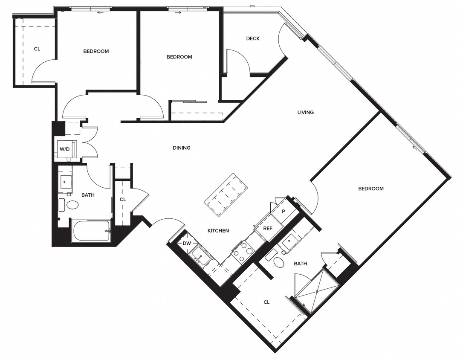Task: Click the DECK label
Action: click(x=253, y=38)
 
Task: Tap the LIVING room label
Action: click(x=305, y=113)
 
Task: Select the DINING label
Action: click(x=181, y=148)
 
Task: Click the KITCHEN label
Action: click(x=218, y=231)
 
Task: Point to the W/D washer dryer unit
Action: click(x=65, y=149)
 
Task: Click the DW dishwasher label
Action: click(x=187, y=244)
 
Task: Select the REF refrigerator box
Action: click(x=267, y=229)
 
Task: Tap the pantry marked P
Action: click(x=284, y=212)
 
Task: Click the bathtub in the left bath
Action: click(x=91, y=231)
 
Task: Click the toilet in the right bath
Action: click(x=278, y=261)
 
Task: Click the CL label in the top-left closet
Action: click(x=37, y=49)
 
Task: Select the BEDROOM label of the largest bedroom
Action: click(x=370, y=189)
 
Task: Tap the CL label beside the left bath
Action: click(x=123, y=199)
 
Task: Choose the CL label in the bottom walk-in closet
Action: click(x=266, y=302)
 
